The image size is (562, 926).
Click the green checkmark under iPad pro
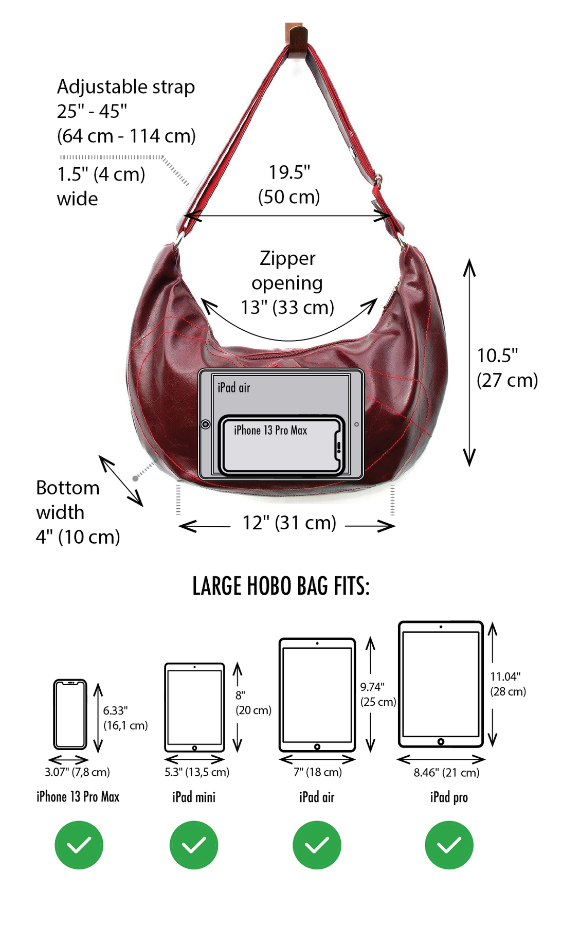click(449, 845)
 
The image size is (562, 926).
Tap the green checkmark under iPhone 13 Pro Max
click(79, 845)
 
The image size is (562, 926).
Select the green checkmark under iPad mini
click(194, 845)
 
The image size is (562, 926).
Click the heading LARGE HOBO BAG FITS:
click(281, 586)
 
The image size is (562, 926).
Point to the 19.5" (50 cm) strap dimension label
click(289, 184)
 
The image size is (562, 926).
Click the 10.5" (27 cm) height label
click(506, 367)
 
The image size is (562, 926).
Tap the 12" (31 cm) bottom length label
click(289, 523)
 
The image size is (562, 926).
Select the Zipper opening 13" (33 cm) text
click(287, 282)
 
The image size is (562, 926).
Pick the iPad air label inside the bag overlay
click(233, 387)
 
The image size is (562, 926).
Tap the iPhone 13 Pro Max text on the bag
click(270, 430)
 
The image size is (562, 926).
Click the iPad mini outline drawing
click(194, 707)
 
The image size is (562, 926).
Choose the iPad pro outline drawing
click(441, 684)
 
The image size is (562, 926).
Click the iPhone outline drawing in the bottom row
click(70, 714)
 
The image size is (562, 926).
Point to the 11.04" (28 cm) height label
click(507, 684)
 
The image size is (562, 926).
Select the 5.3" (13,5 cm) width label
click(197, 772)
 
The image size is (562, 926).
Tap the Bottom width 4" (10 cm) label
click(77, 512)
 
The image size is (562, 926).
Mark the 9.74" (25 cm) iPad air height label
click(377, 694)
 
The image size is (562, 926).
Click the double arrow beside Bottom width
click(121, 480)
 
